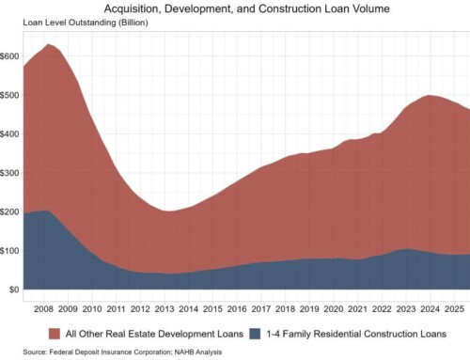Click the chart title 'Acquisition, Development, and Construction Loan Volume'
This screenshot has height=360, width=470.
pos(235,8)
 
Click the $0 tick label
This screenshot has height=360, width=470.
pos(14,290)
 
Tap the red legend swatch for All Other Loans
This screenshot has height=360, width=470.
pos(55,333)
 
